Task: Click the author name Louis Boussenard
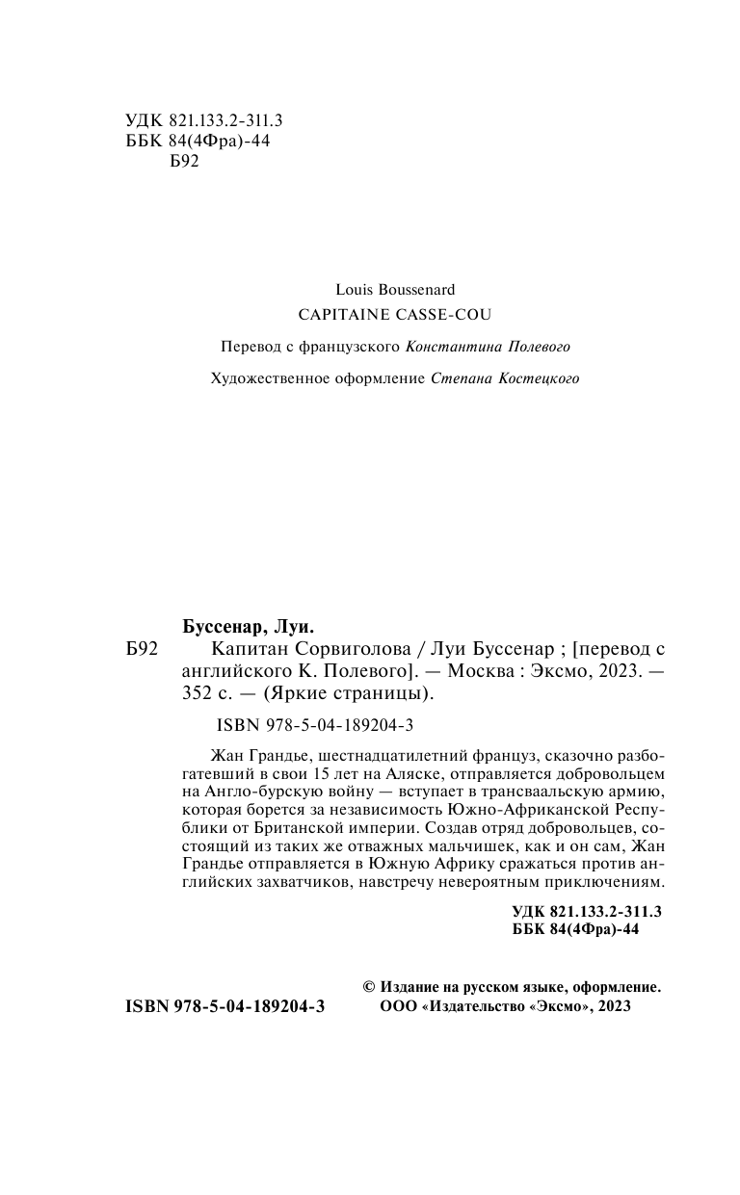[x=395, y=289]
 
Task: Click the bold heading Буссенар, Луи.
[x=249, y=625]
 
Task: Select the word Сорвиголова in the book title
[x=313, y=648]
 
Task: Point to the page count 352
[x=196, y=694]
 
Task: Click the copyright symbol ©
[x=368, y=987]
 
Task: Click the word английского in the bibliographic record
[x=226, y=671]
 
